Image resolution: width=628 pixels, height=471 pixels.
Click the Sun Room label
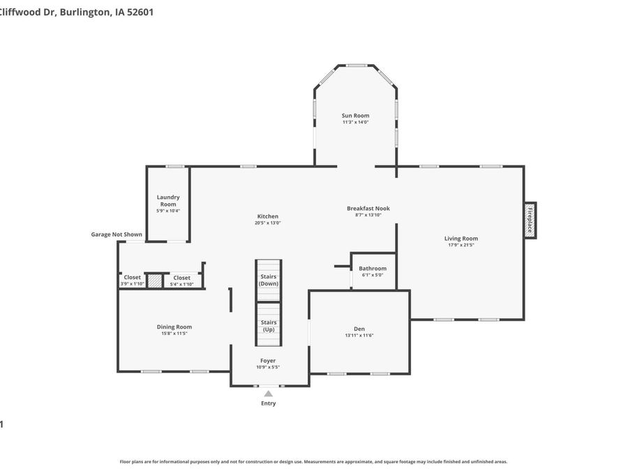[x=355, y=115]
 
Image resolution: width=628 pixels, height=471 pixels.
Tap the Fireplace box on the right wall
[x=530, y=220]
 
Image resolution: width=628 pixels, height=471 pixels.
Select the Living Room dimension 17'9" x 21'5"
[x=461, y=245]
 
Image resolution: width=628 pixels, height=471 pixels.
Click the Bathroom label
[x=373, y=269]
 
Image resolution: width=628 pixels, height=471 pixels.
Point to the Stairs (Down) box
[x=269, y=280]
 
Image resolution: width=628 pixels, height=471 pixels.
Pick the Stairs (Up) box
[x=269, y=325]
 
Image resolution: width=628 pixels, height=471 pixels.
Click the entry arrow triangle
[x=268, y=394]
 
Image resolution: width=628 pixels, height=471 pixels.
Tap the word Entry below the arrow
[x=268, y=403]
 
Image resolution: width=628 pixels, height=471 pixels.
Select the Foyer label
[x=268, y=361]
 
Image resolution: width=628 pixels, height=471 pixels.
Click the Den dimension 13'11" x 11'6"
[x=359, y=336]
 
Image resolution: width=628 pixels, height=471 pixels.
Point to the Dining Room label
[x=174, y=327]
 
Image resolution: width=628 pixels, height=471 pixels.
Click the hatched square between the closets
[x=154, y=281]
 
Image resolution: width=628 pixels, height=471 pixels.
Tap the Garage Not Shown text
[x=117, y=234]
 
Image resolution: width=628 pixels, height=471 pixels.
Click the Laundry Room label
[x=168, y=200]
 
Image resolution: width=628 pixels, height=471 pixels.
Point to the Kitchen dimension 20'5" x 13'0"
[x=268, y=223]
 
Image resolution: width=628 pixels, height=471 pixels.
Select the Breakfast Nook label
[x=368, y=208]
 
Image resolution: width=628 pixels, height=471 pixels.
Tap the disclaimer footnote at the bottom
[x=313, y=461]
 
